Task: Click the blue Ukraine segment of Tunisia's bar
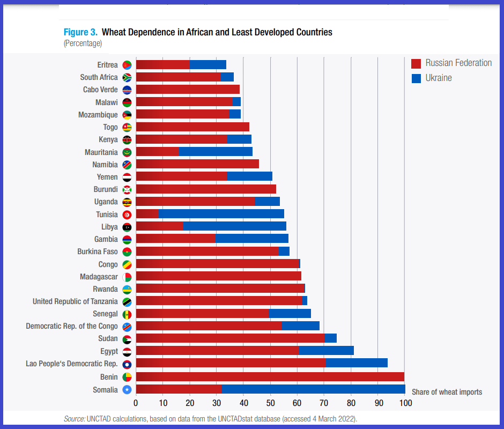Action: tap(221, 214)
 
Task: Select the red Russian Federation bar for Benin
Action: tap(270, 377)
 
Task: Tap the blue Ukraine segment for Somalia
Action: tap(313, 389)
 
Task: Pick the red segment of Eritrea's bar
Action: tap(162, 65)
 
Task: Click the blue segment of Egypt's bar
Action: tap(326, 351)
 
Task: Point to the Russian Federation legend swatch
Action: tap(416, 63)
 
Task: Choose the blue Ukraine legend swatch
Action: tap(416, 78)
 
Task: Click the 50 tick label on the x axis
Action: tap(270, 403)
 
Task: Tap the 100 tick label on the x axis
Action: tap(405, 403)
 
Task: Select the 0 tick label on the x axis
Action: tap(136, 403)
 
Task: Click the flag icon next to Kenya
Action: tap(127, 140)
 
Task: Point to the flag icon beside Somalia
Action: tap(127, 390)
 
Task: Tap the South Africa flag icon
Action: tap(127, 78)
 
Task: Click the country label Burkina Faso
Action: tap(98, 252)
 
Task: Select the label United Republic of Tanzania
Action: tap(75, 301)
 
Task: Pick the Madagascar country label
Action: tap(99, 277)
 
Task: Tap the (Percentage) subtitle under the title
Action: tap(83, 43)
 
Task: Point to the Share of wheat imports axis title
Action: tap(447, 392)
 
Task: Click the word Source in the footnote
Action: tap(74, 418)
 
